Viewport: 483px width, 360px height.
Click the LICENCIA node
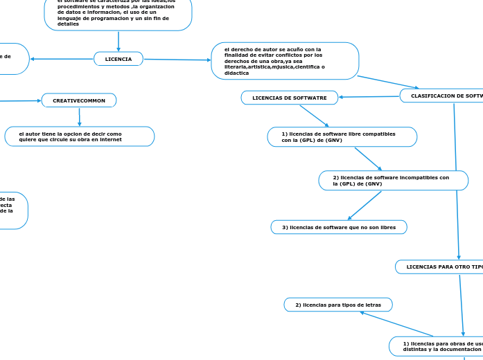pos(118,59)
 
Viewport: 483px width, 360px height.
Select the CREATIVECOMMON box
pos(79,100)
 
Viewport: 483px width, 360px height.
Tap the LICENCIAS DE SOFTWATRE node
pos(290,98)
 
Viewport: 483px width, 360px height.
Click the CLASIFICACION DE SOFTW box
pos(444,96)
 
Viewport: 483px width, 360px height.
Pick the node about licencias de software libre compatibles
pos(342,136)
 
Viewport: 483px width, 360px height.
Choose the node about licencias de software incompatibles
pos(393,181)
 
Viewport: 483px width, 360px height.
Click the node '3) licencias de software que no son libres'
pos(338,227)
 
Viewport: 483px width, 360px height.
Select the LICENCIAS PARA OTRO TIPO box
pos(441,267)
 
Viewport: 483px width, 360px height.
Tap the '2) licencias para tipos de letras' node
pos(338,305)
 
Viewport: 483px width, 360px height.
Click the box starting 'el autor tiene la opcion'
pos(79,136)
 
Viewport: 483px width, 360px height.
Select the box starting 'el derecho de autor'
pos(284,61)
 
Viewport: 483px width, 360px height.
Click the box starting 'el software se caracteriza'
pos(118,14)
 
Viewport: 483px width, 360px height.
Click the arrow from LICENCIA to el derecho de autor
pos(177,60)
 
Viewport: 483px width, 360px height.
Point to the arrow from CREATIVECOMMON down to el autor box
pos(79,116)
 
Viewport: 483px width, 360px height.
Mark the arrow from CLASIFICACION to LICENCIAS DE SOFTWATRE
pos(369,96)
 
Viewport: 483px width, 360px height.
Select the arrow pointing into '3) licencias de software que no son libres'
pos(363,206)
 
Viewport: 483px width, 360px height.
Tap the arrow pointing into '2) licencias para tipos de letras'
pos(395,324)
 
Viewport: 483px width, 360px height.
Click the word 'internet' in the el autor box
pos(111,140)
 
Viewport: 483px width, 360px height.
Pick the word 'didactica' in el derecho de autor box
pos(236,73)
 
